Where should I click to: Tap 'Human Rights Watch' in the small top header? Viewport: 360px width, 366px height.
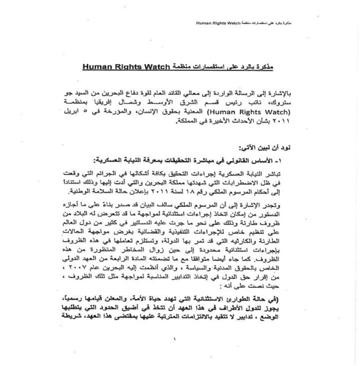click(216, 23)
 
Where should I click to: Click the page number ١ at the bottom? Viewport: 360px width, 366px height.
click(174, 339)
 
